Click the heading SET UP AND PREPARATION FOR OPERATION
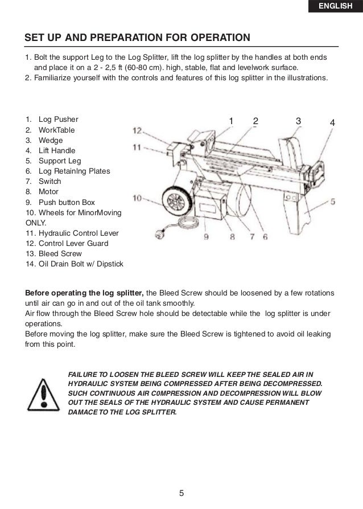pyautogui.click(x=137, y=39)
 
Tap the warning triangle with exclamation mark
pyautogui.click(x=43, y=393)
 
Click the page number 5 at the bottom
pyautogui.click(x=181, y=493)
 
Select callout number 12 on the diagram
pyautogui.click(x=137, y=130)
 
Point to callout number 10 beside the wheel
pyautogui.click(x=137, y=198)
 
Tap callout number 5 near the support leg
pyautogui.click(x=332, y=201)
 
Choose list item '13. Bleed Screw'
pyautogui.click(x=53, y=254)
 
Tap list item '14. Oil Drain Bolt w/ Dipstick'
pyautogui.click(x=74, y=264)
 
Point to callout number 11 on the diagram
pyautogui.click(x=137, y=147)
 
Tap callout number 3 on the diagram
pyautogui.click(x=298, y=121)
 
